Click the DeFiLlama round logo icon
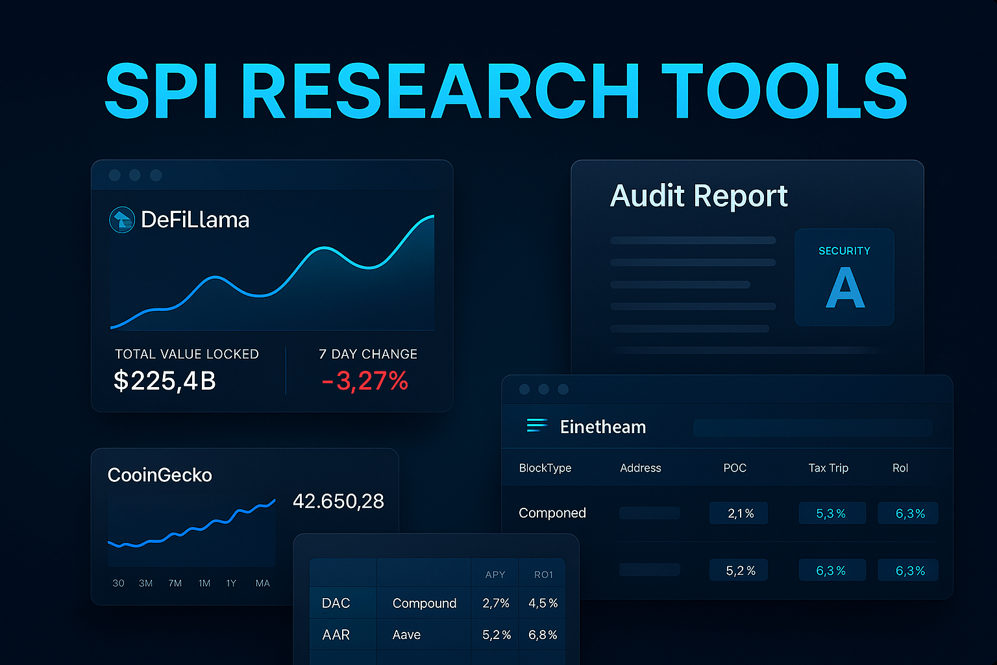(122, 220)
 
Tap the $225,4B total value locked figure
(165, 381)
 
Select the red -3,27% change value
(365, 381)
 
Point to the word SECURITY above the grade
(844, 251)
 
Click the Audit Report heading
(698, 195)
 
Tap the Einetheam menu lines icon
(537, 425)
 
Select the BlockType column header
(545, 468)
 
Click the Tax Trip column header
(828, 468)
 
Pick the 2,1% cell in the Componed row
(739, 514)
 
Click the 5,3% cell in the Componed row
(831, 514)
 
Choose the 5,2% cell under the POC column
(739, 571)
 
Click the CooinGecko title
(160, 475)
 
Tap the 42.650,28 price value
(338, 501)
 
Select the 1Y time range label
(231, 583)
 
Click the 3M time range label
(145, 583)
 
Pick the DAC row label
(336, 603)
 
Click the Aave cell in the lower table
(406, 635)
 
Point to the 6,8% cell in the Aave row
(543, 635)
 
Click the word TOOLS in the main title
(784, 92)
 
